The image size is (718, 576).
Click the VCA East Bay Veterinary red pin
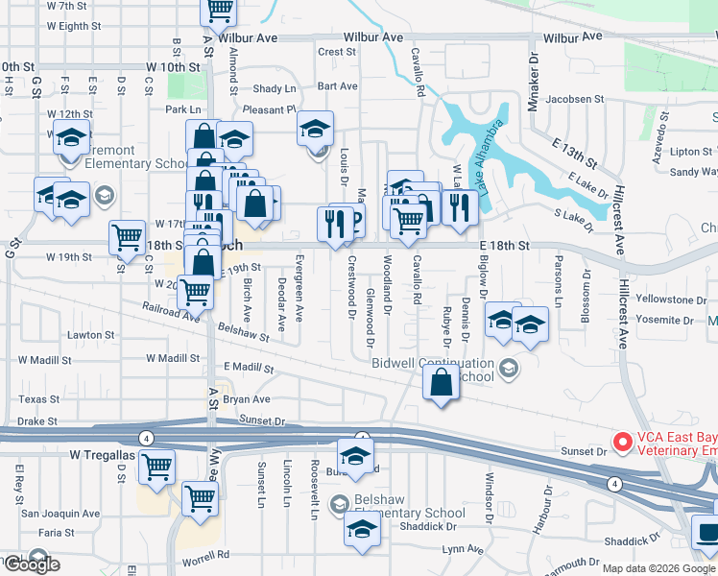tap(622, 443)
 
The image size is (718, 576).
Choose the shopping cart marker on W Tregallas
tap(156, 468)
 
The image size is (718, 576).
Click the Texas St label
tap(38, 399)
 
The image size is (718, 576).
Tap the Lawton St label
tap(92, 335)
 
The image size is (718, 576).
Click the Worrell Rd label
tap(203, 554)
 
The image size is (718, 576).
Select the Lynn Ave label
tap(464, 549)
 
